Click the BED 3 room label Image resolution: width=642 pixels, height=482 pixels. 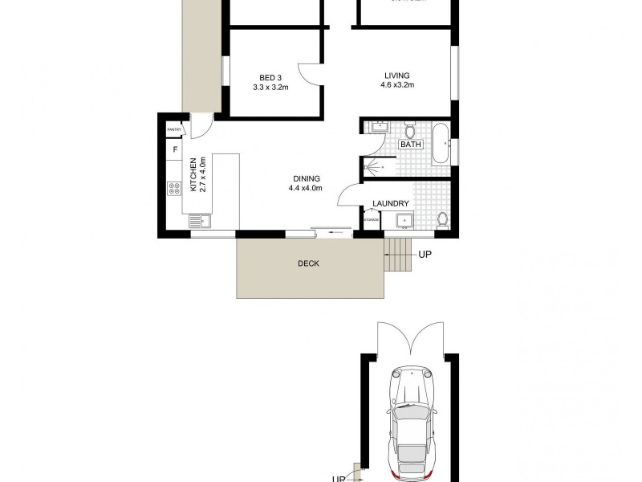(270, 78)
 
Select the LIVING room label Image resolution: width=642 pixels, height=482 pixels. (397, 77)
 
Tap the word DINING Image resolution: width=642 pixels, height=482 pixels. (306, 178)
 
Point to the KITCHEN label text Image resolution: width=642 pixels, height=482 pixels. (193, 174)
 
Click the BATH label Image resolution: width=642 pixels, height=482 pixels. (411, 145)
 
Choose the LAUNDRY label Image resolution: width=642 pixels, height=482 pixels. (391, 204)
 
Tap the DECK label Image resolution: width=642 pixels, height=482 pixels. (308, 263)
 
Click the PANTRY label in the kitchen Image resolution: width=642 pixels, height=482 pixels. (173, 129)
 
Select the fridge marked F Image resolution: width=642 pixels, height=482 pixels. (174, 149)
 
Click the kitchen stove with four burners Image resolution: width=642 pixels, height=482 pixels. (174, 188)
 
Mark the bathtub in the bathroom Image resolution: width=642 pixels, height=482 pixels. (441, 145)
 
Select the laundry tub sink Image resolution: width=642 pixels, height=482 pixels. (404, 220)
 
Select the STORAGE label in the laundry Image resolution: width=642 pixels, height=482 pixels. (372, 219)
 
